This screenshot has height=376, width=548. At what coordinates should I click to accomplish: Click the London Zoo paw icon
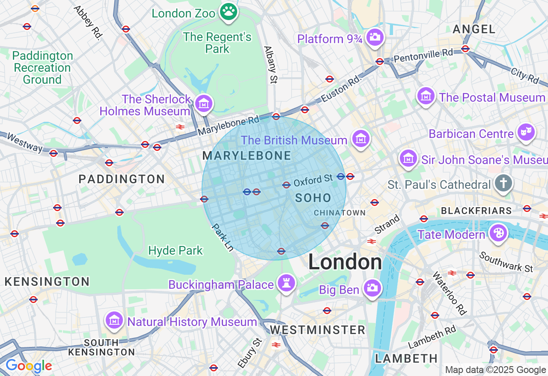click(229, 12)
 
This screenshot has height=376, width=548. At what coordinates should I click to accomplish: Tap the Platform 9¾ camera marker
click(375, 38)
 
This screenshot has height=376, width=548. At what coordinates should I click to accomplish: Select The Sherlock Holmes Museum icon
click(204, 103)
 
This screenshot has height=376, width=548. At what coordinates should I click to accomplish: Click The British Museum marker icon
click(361, 139)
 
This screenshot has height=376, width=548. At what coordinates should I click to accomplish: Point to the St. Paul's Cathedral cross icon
click(503, 184)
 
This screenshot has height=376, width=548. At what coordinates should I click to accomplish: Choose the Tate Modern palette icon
click(498, 233)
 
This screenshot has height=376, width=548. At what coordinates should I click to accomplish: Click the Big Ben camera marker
click(372, 288)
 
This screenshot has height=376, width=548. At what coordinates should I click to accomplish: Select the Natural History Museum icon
click(114, 320)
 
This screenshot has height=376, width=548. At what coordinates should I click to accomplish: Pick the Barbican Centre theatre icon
click(526, 132)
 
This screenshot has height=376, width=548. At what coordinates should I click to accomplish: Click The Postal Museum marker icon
click(426, 96)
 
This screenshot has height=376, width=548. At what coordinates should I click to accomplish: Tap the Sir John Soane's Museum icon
click(408, 159)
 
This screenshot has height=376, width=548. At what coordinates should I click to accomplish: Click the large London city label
click(345, 262)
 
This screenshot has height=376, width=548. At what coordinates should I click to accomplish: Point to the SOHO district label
click(313, 198)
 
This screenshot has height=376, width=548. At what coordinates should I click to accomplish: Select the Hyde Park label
click(176, 250)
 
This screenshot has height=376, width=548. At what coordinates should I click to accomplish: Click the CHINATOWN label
click(340, 213)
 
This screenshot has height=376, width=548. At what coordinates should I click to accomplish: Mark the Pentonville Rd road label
click(423, 55)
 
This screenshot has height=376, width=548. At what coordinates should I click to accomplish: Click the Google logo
click(29, 366)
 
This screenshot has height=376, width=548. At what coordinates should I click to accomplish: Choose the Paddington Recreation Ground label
click(42, 68)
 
